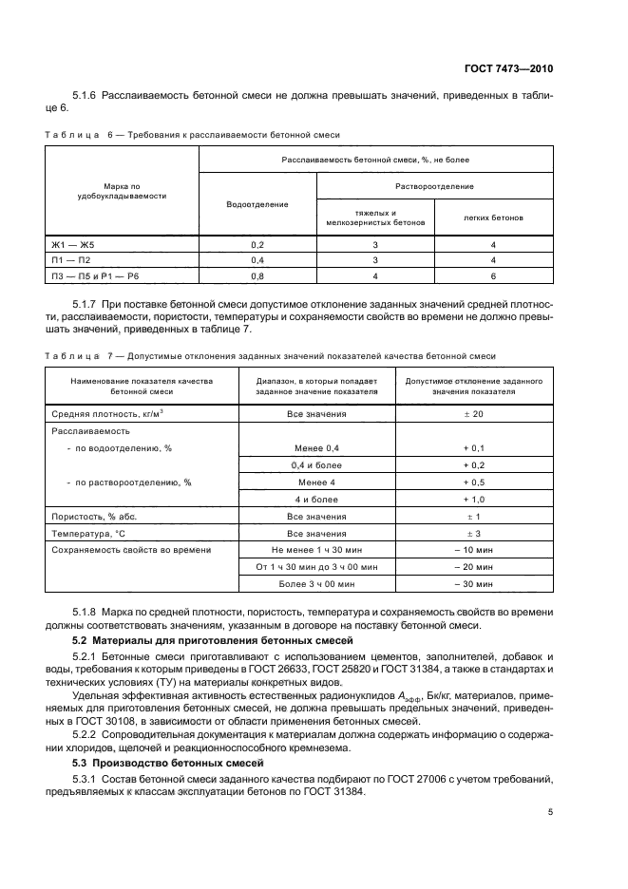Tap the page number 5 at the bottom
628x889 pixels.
(550, 812)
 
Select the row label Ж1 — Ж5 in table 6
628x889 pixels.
(74, 244)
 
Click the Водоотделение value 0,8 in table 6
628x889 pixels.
(257, 275)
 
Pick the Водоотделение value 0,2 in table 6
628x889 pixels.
(257, 244)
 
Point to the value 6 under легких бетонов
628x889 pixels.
(493, 275)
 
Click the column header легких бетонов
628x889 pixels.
(493, 218)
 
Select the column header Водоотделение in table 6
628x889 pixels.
(257, 203)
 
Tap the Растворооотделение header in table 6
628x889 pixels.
(434, 186)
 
